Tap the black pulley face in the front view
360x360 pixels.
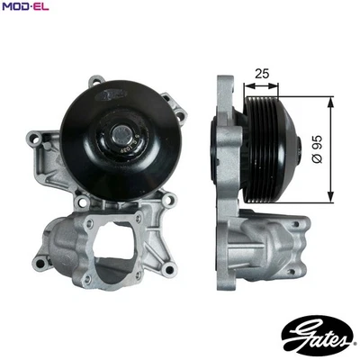tap(90, 117)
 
